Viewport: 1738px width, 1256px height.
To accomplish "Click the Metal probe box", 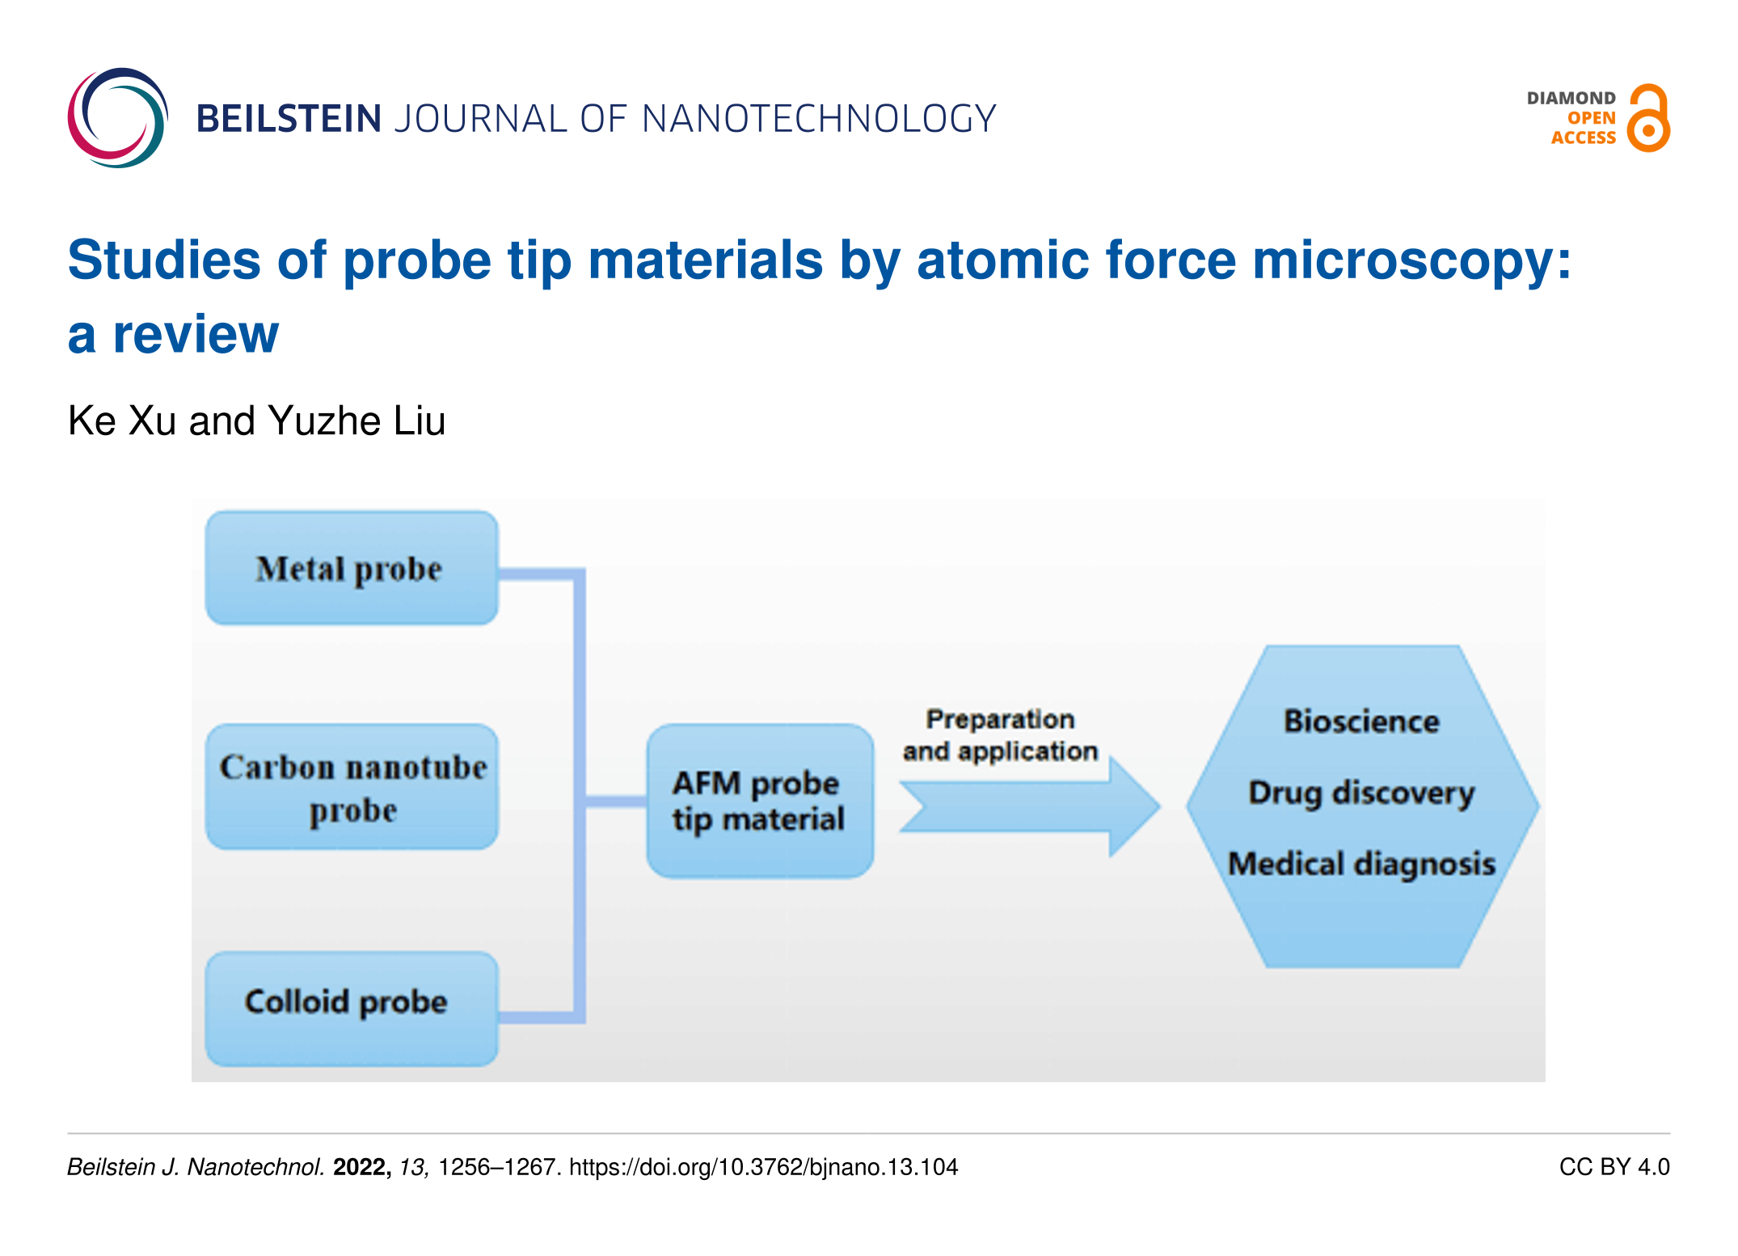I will pos(352,568).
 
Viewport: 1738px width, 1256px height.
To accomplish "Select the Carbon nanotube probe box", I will pos(352,786).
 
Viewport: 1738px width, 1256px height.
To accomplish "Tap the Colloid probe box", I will pos(352,1008).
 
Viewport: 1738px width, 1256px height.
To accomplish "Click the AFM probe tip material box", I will pos(760,801).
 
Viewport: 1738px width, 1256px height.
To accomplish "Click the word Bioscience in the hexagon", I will pos(1361,721).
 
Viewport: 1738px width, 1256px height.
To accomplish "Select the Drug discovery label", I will pos(1361,793).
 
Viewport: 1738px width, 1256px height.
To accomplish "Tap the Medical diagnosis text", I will pos(1361,864).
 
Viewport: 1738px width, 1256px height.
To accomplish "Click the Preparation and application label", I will pos(1000,734).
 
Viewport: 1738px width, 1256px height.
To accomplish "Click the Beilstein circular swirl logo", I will pos(118,118).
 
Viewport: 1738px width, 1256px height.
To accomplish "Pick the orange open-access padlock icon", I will pos(1648,119).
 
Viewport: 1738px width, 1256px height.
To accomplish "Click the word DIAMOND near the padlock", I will pos(1571,98).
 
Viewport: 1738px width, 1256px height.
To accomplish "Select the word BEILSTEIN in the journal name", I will pos(289,119).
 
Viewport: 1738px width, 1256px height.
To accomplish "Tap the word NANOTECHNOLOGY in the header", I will pos(819,119).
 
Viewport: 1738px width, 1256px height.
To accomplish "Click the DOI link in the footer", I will pos(763,1166).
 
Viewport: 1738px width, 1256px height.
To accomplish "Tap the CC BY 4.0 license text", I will pos(1614,1166).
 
